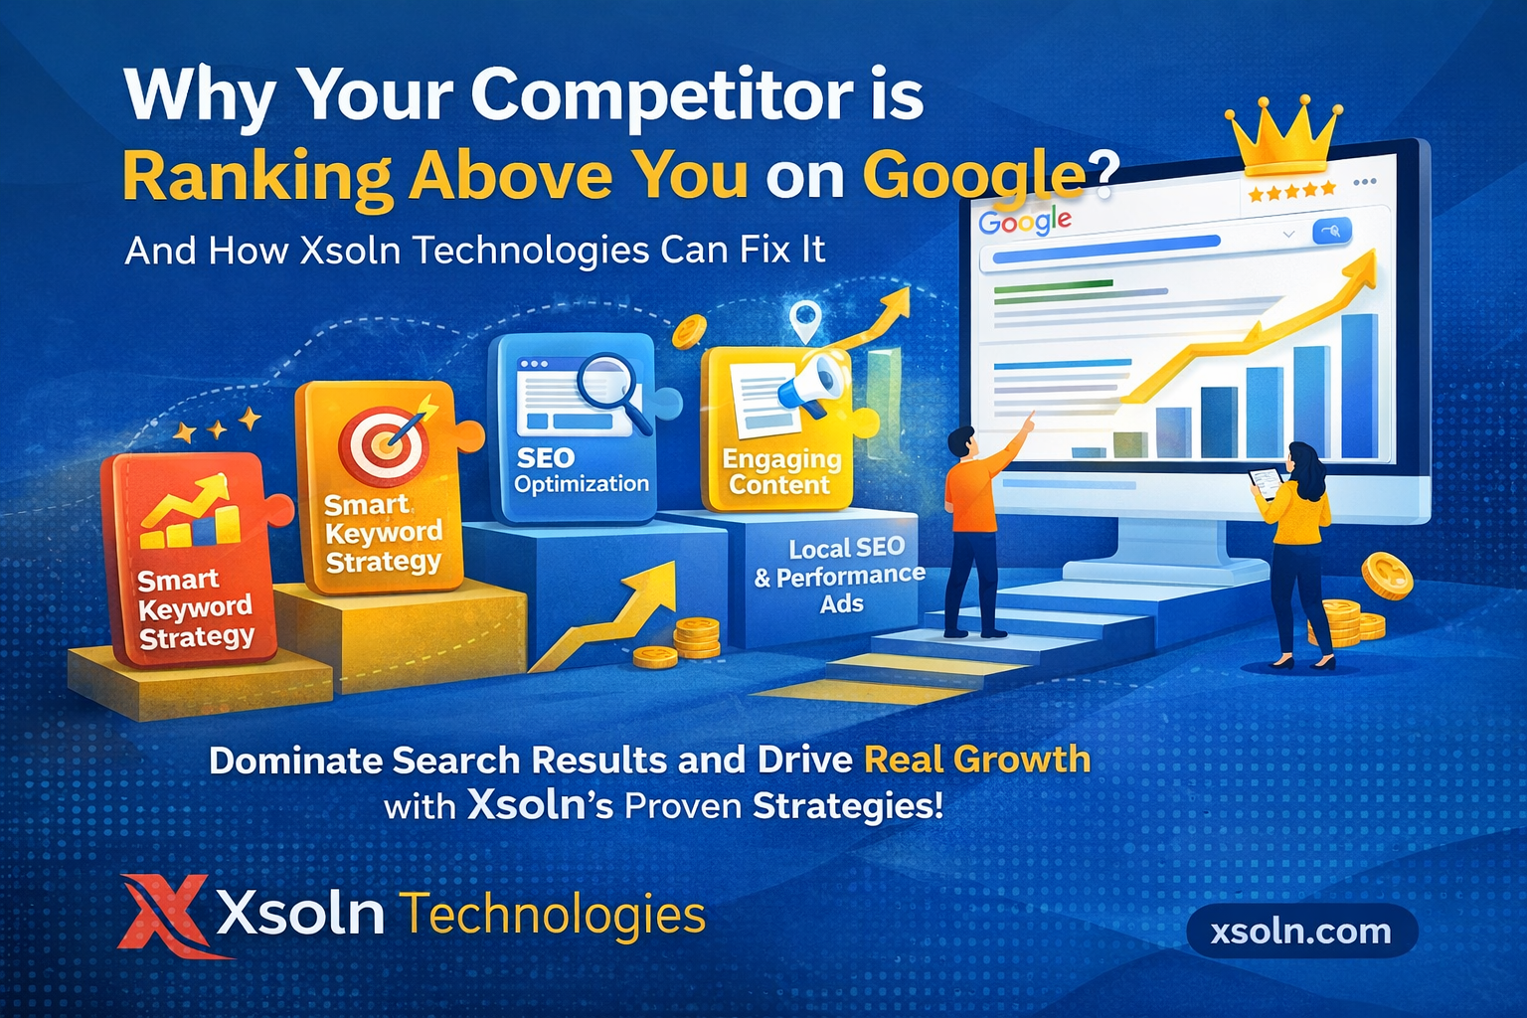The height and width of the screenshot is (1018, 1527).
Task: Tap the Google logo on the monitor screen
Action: (1025, 222)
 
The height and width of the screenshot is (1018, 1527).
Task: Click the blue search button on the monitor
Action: (1332, 231)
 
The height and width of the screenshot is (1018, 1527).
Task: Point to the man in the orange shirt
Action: (975, 527)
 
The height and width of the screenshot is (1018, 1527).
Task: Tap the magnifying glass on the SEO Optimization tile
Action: (609, 388)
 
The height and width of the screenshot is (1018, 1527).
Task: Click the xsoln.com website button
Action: (1301, 932)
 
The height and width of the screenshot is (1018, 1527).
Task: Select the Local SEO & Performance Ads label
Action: (841, 576)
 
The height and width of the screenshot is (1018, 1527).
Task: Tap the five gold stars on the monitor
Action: (1292, 191)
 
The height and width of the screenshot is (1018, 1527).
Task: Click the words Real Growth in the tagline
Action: (977, 760)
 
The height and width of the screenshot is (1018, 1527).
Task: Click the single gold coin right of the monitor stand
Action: (1386, 576)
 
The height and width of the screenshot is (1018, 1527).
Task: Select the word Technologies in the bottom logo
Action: (553, 915)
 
